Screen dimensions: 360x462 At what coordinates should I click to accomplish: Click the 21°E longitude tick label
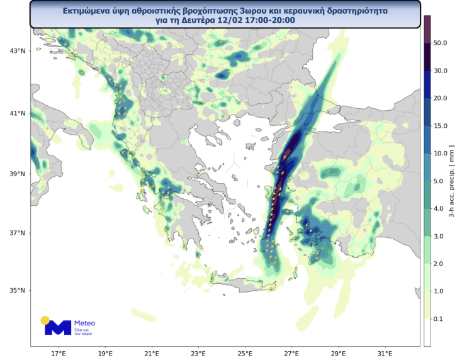152,353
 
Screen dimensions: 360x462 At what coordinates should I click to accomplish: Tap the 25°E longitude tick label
245,353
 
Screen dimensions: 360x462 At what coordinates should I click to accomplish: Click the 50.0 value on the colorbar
441,43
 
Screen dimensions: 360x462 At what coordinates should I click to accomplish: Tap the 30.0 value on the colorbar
441,71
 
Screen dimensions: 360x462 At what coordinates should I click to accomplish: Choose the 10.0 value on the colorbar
441,154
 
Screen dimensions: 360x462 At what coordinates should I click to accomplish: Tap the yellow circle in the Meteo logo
45,320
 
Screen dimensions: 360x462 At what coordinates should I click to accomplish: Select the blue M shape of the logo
59,327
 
